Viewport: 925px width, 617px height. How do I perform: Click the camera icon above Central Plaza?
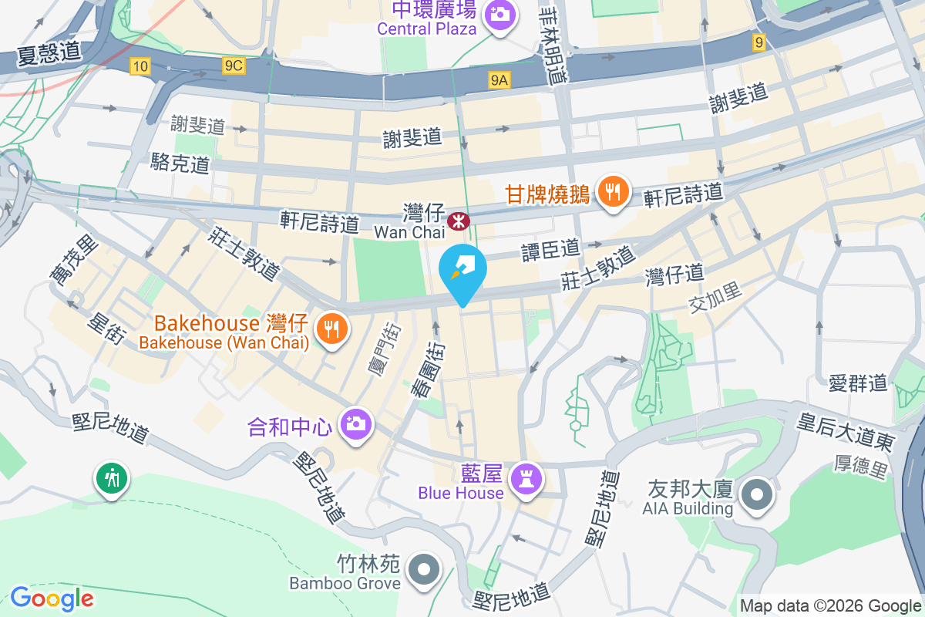click(x=499, y=13)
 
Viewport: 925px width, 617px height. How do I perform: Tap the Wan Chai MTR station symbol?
click(x=459, y=221)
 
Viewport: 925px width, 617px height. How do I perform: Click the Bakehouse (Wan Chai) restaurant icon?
click(x=332, y=329)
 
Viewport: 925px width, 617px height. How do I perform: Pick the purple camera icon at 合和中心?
click(x=356, y=424)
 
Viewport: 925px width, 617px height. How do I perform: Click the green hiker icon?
click(x=113, y=478)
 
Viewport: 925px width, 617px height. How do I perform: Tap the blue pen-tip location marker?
click(x=462, y=269)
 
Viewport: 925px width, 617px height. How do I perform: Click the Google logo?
click(x=52, y=598)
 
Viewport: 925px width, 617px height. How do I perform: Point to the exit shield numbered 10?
click(x=140, y=67)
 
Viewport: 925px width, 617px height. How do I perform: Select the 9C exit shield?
click(x=234, y=67)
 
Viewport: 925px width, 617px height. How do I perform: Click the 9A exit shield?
click(x=499, y=79)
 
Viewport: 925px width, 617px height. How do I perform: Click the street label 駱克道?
click(x=180, y=163)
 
